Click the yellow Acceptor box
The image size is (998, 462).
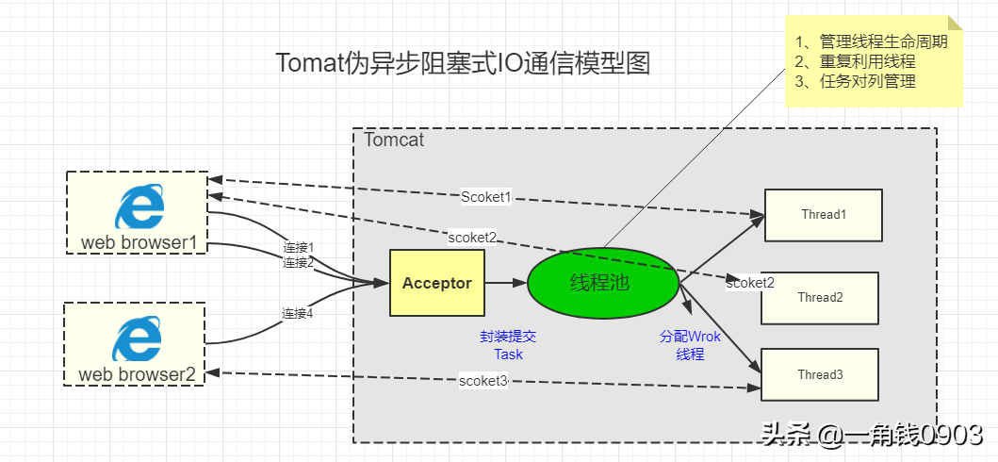tap(436, 283)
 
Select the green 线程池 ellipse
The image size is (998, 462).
tap(603, 283)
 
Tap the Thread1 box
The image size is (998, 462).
tap(823, 215)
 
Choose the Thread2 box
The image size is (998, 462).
tap(819, 298)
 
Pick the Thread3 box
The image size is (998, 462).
tap(819, 374)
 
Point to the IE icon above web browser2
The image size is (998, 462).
tap(137, 339)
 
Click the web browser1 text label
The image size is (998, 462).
tap(139, 243)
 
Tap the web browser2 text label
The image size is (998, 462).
tap(137, 374)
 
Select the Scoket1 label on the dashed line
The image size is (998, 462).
tap(486, 197)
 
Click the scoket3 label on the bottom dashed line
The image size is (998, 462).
tap(483, 381)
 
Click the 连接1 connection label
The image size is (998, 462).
tap(298, 247)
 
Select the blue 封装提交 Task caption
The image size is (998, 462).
tap(508, 345)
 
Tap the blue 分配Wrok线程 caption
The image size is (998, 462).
tap(690, 345)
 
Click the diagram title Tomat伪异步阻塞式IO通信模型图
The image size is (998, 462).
tap(463, 63)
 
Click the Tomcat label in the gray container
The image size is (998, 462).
tap(394, 140)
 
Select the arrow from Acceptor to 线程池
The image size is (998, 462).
tap(506, 283)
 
